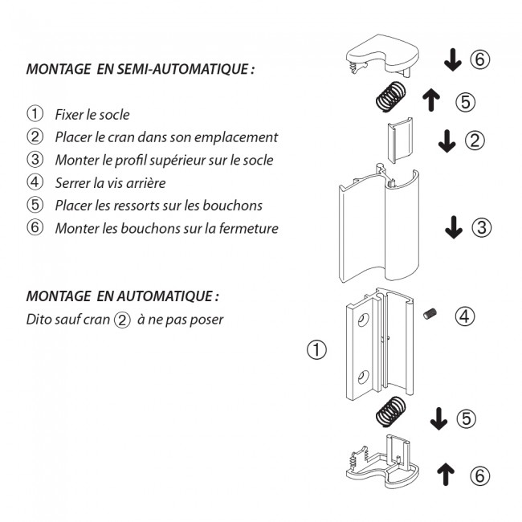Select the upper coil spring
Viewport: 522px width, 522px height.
[x=392, y=97]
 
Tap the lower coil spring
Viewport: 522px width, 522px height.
[x=391, y=413]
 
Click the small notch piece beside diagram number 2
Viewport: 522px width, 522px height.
[x=401, y=141]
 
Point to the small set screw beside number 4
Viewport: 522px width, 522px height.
[x=430, y=314]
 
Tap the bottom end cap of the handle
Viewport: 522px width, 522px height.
[x=383, y=463]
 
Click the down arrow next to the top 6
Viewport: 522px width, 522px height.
[x=453, y=59]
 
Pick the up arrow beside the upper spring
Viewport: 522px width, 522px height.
[x=431, y=100]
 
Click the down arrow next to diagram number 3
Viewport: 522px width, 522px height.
[x=454, y=227]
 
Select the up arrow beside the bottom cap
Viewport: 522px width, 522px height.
[x=446, y=475]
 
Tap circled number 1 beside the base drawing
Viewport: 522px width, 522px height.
[x=316, y=350]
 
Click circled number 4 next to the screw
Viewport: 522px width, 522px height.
[x=465, y=316]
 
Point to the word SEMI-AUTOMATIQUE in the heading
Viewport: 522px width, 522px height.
[x=186, y=69]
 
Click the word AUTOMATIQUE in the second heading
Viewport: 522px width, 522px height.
[x=165, y=296]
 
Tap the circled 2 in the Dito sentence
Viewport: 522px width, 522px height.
[x=122, y=320]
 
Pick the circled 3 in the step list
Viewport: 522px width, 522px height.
[x=35, y=159]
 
